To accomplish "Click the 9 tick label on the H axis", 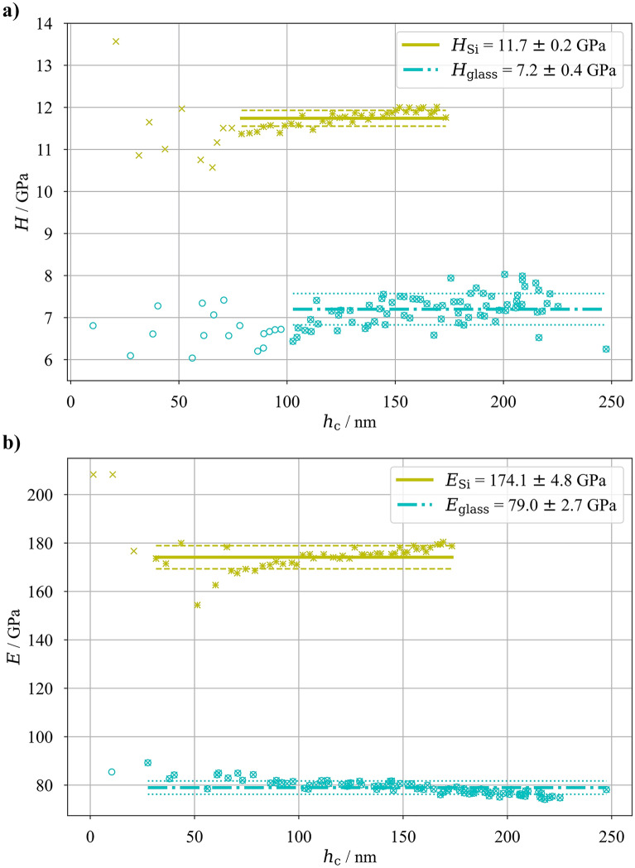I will pyautogui.click(x=55, y=234).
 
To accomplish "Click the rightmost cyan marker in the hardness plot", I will pyautogui.click(x=606, y=349).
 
